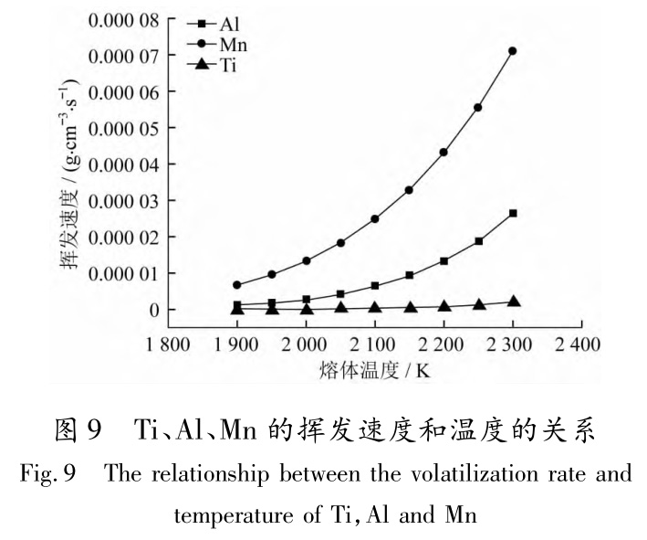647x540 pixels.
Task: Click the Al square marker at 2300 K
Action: pos(513,213)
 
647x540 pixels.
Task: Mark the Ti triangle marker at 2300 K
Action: pos(513,302)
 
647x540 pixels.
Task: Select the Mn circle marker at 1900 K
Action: pos(237,285)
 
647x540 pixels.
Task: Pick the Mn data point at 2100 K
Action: pos(375,219)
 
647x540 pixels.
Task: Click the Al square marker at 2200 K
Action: pos(444,261)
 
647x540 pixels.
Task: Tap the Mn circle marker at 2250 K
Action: pos(478,108)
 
